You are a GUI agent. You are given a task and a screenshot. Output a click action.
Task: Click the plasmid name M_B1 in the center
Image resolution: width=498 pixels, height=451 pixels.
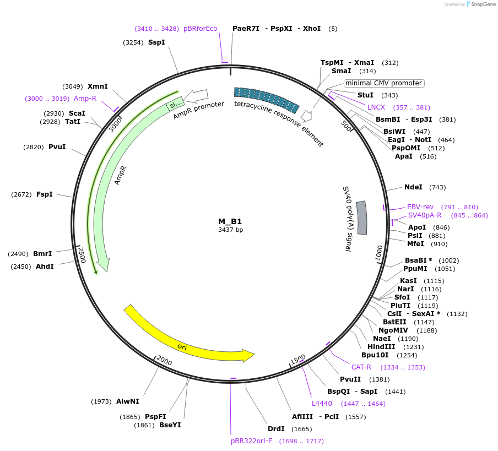(230, 221)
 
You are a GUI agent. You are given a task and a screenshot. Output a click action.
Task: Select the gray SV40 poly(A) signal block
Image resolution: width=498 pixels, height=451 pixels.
(362, 218)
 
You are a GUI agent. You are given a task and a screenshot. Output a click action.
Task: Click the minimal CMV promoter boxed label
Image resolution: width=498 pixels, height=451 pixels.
(383, 83)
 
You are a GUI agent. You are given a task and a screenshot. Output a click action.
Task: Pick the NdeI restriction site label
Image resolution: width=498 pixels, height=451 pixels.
(413, 188)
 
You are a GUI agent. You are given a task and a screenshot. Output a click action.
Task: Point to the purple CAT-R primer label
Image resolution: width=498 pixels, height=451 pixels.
(361, 367)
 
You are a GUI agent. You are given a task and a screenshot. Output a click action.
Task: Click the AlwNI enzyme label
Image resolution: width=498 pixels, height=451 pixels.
(127, 401)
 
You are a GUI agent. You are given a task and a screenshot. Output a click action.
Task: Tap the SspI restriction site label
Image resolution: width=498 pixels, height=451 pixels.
(156, 42)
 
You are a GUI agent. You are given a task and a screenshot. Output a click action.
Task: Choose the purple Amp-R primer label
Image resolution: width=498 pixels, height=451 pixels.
(85, 99)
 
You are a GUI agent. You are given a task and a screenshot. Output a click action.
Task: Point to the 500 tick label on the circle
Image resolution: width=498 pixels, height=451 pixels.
(346, 126)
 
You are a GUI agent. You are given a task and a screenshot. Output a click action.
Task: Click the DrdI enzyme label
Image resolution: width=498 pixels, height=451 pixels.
(276, 429)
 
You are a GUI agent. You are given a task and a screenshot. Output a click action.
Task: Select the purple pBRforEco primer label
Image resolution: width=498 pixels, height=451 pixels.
(200, 29)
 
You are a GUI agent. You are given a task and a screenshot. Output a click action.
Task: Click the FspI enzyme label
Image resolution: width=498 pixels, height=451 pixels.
(45, 194)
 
